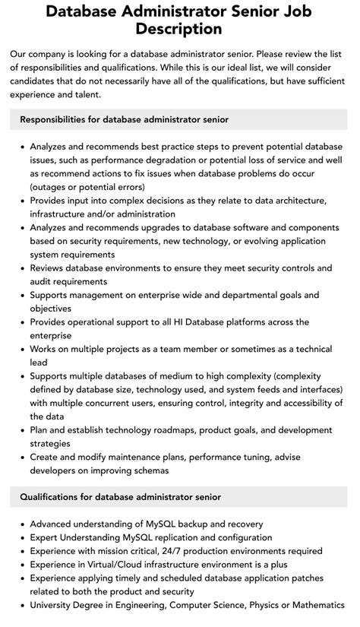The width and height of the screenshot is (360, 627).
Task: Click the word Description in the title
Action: [179, 30]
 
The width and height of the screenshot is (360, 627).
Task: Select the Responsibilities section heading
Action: [124, 119]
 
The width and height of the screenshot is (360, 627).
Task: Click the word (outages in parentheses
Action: [52, 186]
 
